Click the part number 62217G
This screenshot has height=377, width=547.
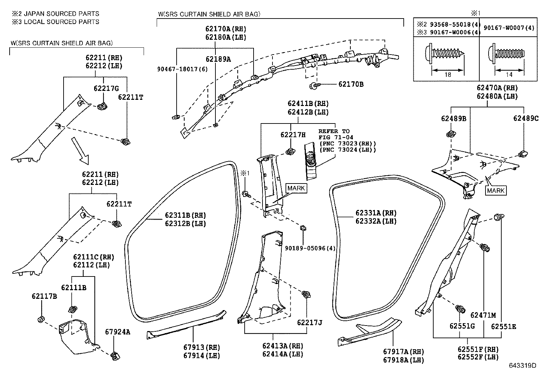point(106,88)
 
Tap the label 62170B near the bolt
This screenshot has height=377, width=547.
point(351,84)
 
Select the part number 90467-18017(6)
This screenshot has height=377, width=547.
point(182,69)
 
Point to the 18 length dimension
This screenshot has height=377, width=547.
point(448,75)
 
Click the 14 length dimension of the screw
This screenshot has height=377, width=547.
point(509,75)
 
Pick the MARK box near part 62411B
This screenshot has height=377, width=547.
point(296,188)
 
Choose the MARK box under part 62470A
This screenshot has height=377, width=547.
point(496,190)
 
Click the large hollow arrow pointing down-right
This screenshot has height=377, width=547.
point(80,151)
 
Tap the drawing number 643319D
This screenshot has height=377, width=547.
point(522,365)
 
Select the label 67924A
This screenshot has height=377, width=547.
point(118,332)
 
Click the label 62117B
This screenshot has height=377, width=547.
point(44,296)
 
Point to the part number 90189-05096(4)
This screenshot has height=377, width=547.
point(310,248)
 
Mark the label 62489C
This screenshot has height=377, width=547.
point(526,118)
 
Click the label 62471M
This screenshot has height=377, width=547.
point(483,315)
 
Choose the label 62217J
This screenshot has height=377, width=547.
point(310,322)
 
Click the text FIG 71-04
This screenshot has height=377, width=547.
point(336,137)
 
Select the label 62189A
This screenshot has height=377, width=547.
point(218,59)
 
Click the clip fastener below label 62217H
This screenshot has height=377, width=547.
point(290,151)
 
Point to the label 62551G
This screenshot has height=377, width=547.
point(462,326)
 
